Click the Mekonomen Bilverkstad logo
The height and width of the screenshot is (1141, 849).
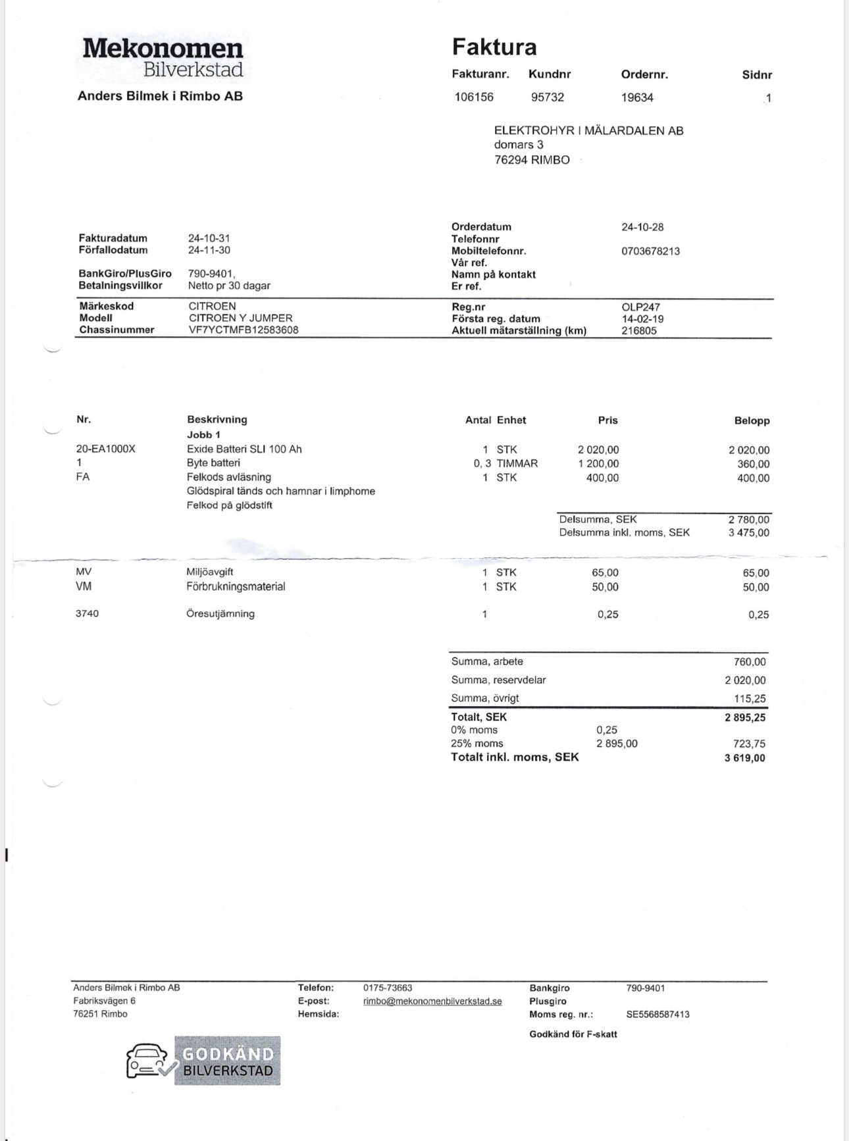click(x=163, y=58)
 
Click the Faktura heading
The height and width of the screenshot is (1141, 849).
click(x=494, y=47)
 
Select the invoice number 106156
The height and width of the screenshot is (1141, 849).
click(x=474, y=97)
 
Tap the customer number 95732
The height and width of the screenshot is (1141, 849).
click(x=548, y=97)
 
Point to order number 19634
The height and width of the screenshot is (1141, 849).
click(x=637, y=97)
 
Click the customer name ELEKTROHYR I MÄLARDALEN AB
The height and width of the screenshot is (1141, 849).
click(x=588, y=131)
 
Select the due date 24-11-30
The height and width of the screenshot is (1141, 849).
click(x=209, y=250)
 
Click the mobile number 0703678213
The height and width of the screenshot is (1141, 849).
click(x=650, y=251)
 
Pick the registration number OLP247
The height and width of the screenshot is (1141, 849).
click(x=640, y=307)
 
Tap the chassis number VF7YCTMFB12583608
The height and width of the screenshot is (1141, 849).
click(x=244, y=330)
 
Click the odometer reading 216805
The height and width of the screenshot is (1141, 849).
click(x=639, y=331)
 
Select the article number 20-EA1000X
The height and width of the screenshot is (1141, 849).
click(x=106, y=449)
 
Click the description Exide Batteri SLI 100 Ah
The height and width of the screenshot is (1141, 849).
click(x=244, y=449)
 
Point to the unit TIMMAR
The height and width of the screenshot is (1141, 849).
click(x=517, y=463)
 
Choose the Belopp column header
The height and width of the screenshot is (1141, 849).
click(x=752, y=420)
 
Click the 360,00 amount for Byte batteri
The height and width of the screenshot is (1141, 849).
click(x=754, y=464)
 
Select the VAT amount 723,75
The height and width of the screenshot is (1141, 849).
click(x=749, y=744)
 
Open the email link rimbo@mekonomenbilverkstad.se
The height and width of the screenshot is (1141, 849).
click(x=432, y=1002)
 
